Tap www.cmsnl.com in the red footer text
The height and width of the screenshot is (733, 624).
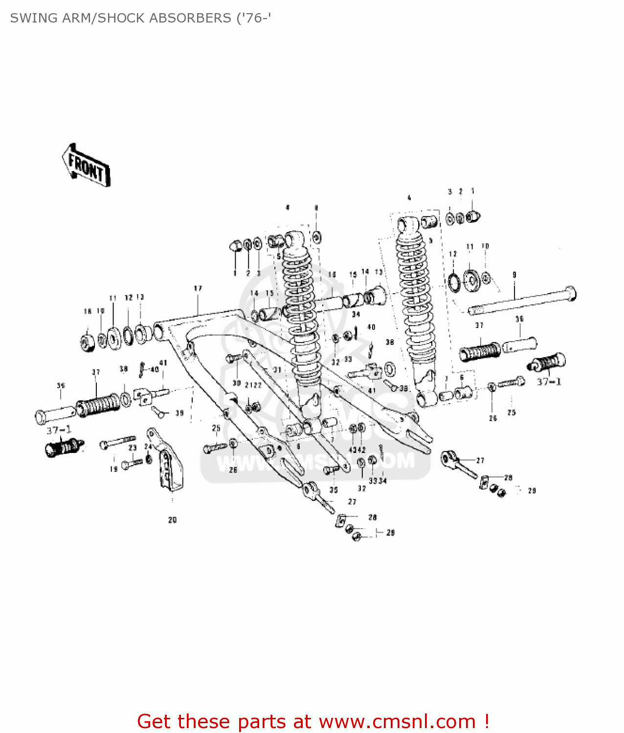point(397,721)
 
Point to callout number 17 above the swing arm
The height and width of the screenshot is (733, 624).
point(198,289)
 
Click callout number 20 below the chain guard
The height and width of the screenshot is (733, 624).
point(172,520)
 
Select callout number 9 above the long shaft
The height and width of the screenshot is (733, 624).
point(514,275)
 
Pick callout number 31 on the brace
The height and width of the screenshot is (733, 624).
point(277,370)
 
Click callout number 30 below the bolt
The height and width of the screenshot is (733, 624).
point(237,383)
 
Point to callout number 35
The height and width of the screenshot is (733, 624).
point(334,490)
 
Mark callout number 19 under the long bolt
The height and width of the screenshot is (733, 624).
point(113,469)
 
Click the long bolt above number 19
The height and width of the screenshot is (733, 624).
point(118,442)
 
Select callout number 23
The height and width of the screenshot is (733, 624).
point(133,448)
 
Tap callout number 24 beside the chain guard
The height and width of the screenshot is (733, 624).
point(148,447)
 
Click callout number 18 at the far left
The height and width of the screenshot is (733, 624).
point(88,311)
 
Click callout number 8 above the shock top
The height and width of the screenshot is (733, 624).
point(316,208)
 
